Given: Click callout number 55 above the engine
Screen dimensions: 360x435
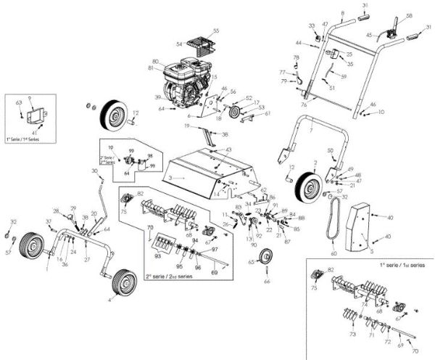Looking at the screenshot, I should pyautogui.click(x=215, y=31).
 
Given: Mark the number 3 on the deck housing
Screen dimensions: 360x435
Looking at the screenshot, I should pyautogui.click(x=170, y=176).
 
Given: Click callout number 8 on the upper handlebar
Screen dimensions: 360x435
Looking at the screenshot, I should pyautogui.click(x=342, y=14).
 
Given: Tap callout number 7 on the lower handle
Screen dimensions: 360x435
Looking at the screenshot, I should pyautogui.click(x=311, y=129).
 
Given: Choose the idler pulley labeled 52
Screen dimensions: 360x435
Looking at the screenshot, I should pyautogui.click(x=235, y=112).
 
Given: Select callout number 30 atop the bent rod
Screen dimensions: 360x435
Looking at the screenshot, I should pyautogui.click(x=94, y=171).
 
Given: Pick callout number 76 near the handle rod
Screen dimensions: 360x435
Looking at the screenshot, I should pyautogui.click(x=304, y=105).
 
